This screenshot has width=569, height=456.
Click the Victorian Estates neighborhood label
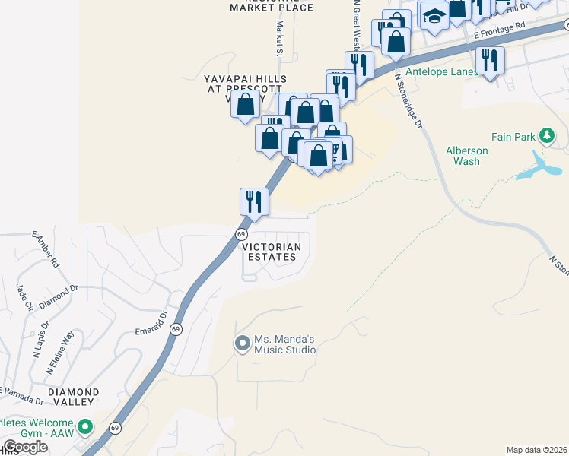coord(272,252)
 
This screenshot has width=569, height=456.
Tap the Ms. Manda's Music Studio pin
coord(243,344)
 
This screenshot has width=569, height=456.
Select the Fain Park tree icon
coord(545,136)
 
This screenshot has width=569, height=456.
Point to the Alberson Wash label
coord(466,156)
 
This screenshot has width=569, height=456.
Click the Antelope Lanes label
coord(441,72)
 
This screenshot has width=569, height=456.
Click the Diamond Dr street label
coord(59,296)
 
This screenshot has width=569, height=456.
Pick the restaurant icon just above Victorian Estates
coord(254,201)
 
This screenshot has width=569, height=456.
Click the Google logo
coord(25,447)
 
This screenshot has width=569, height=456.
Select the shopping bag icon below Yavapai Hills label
coord(246,106)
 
